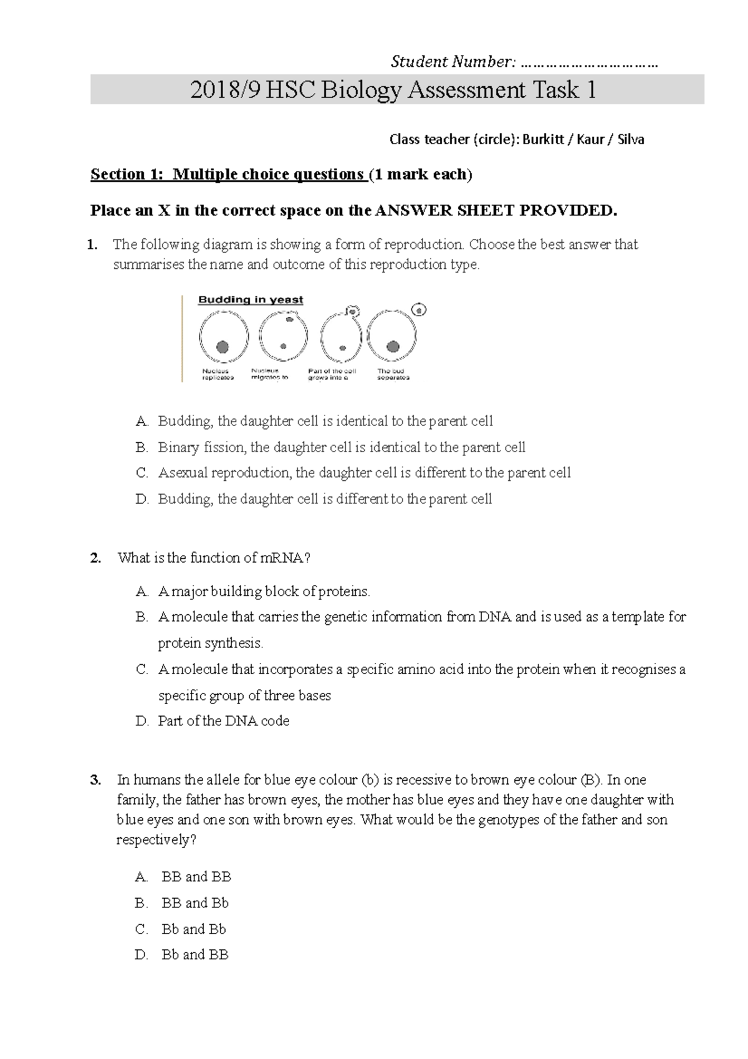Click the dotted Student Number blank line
pos(588,63)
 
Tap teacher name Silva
pos(631,140)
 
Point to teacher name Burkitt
pos(545,140)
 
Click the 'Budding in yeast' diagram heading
pos(251,300)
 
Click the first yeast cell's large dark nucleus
pos(222,347)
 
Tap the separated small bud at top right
pos(420,309)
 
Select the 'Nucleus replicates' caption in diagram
pos(218,374)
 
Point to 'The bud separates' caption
pos(393,374)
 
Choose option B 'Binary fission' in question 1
pos(341,447)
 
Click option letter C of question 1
pos(142,473)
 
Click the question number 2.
pos(95,558)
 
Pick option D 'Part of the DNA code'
pos(223,722)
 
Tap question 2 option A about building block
pos(264,591)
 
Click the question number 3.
pos(95,780)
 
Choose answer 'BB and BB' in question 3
pos(196,878)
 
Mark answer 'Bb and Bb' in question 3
pos(194,929)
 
